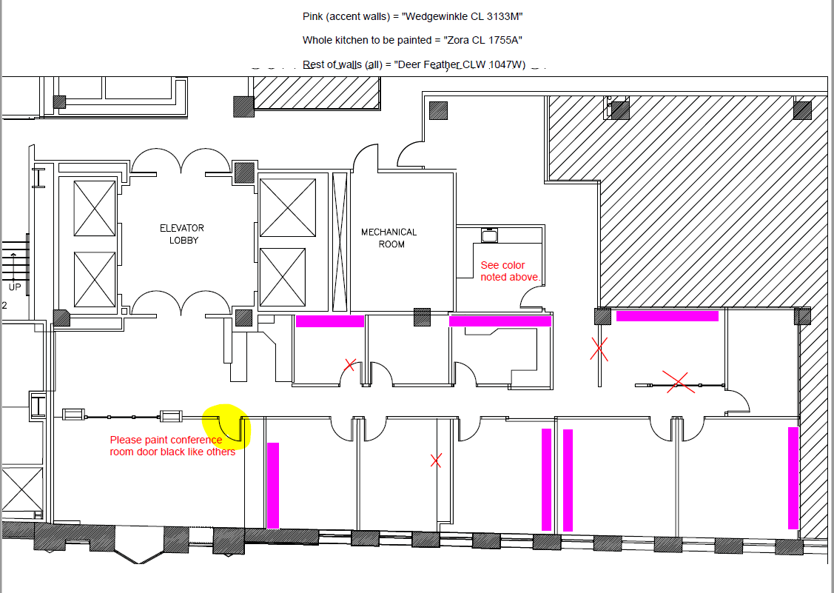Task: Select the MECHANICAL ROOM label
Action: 389,238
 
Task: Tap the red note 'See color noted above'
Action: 509,271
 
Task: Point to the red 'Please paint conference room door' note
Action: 172,446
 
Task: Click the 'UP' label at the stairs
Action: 15,287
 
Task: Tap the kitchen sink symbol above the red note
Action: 488,235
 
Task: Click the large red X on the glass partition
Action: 679,382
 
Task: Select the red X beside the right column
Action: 599,349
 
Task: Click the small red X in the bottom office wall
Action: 436,460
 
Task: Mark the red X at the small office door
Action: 350,364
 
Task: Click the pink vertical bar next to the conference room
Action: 273,485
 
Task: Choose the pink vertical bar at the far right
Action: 793,478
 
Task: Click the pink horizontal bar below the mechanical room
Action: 330,321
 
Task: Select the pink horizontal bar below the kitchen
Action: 500,321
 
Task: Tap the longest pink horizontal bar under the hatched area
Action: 667,316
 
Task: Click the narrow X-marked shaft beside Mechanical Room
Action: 340,241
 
